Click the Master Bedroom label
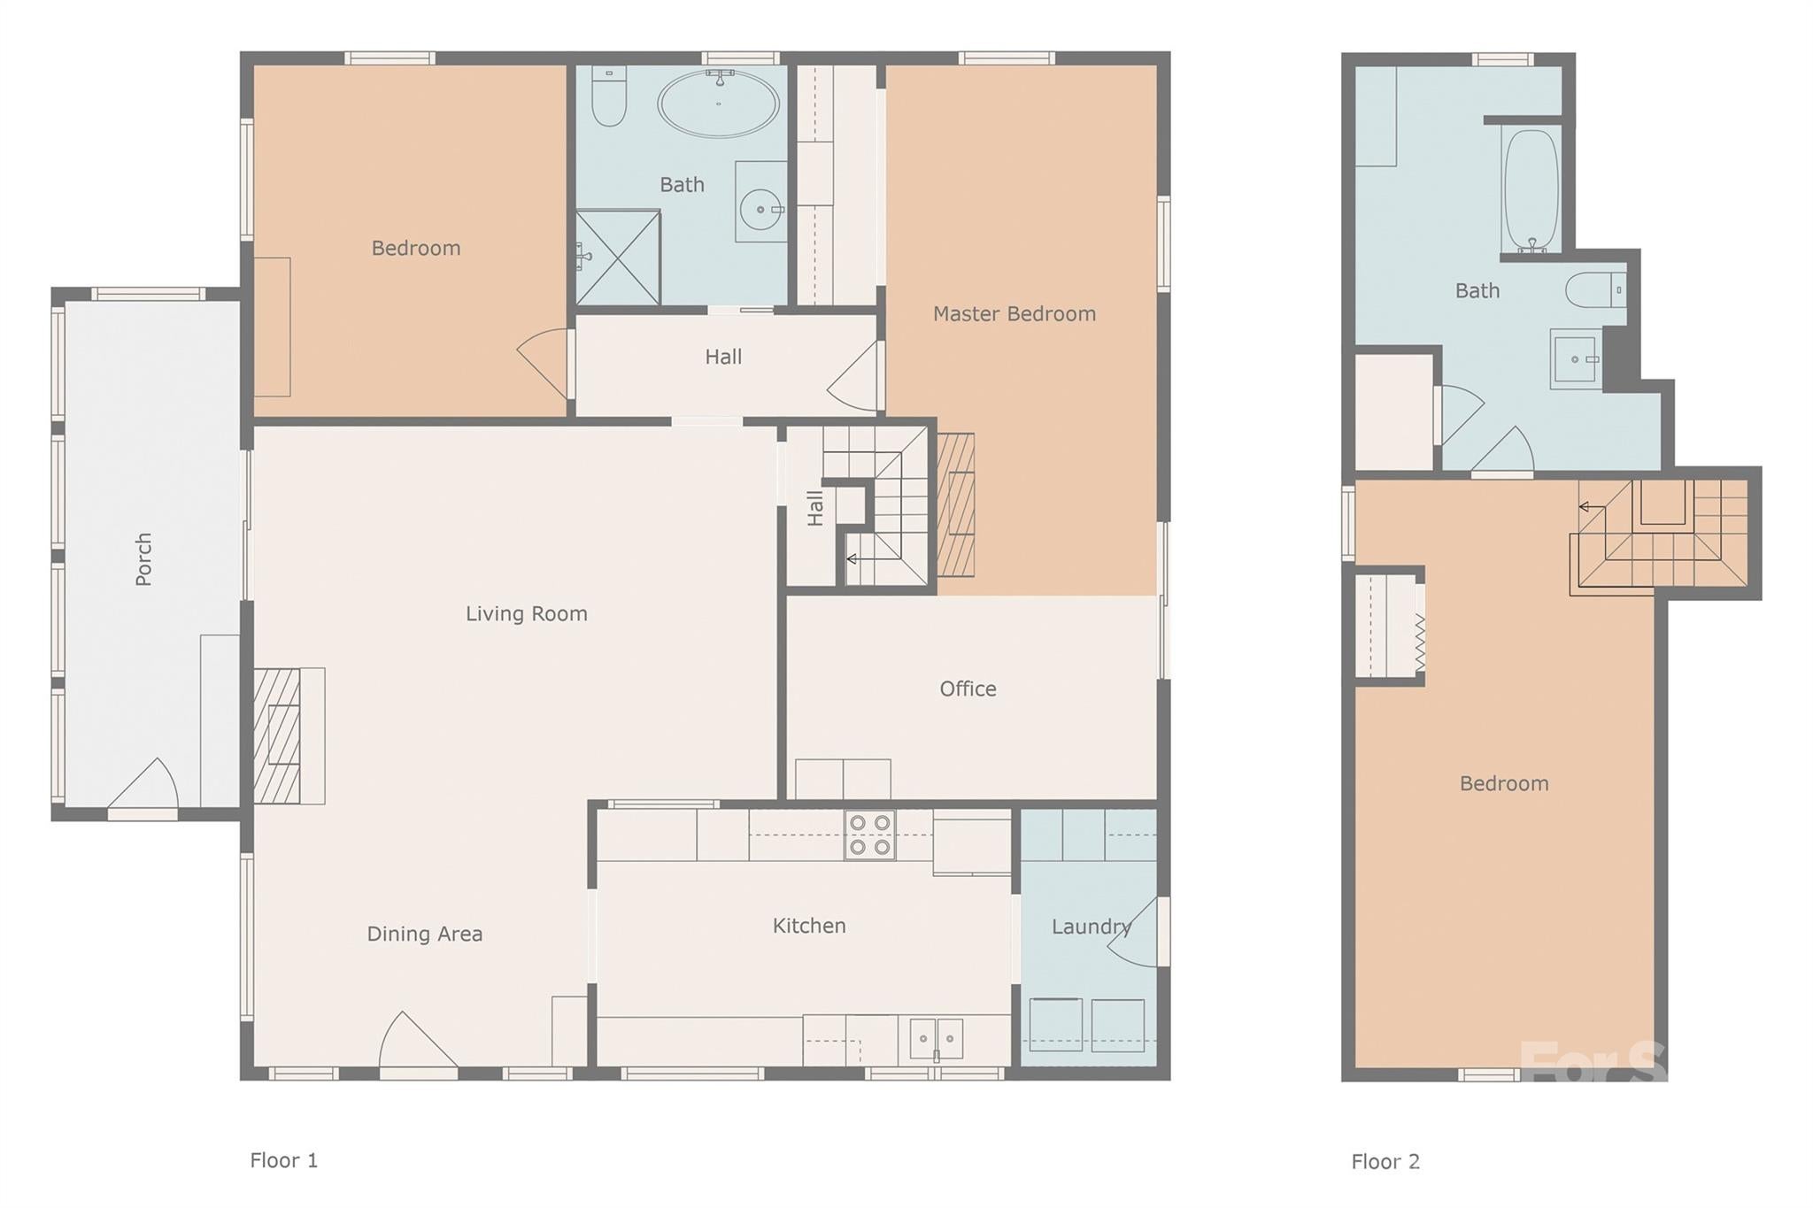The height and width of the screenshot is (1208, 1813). click(1014, 314)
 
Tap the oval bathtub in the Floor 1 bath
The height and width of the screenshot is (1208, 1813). click(718, 104)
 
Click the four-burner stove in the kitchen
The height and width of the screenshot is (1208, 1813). click(869, 835)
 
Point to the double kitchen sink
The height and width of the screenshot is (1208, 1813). click(936, 1038)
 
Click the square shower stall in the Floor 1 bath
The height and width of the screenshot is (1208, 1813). click(618, 257)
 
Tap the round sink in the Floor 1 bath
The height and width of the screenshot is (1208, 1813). click(761, 210)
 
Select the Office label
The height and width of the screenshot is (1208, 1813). click(968, 689)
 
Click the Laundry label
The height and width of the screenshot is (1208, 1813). click(1091, 927)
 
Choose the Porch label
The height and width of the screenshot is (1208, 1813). click(143, 558)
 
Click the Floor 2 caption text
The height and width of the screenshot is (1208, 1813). click(1385, 1162)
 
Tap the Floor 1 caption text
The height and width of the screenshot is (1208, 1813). click(283, 1160)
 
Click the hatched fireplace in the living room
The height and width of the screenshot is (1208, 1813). click(277, 735)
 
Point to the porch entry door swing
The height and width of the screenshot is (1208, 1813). click(144, 785)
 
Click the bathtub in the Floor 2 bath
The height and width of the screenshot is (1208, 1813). click(1531, 191)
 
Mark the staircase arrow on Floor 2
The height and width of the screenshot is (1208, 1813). click(1590, 507)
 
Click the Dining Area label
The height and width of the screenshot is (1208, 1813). click(424, 935)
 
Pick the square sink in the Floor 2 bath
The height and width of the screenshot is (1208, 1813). click(1576, 359)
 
